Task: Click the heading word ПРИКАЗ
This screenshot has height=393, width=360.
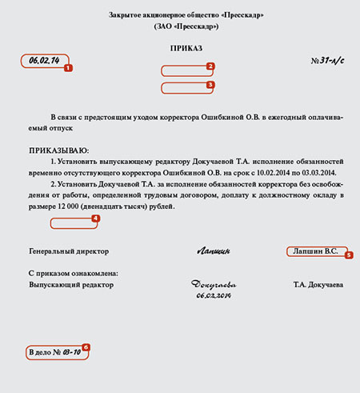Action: coord(180,50)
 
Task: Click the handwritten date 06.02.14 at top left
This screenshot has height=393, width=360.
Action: coord(44,60)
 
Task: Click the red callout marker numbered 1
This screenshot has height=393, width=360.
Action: coord(68,68)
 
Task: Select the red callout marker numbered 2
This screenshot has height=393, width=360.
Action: coord(210,67)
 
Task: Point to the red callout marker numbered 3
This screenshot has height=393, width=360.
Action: coord(210,83)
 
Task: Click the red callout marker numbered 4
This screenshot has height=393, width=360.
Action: coord(95,217)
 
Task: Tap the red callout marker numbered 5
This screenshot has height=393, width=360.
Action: coord(348,255)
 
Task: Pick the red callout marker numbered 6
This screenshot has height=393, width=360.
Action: coord(86,347)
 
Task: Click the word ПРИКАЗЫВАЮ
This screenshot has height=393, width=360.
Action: coord(59,150)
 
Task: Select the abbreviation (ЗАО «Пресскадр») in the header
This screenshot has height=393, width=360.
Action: coord(180,26)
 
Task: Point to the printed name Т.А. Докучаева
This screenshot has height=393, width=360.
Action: coord(318,285)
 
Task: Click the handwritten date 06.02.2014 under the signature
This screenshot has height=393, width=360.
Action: coord(212,295)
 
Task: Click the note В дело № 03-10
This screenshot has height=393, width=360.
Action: coord(54,352)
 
